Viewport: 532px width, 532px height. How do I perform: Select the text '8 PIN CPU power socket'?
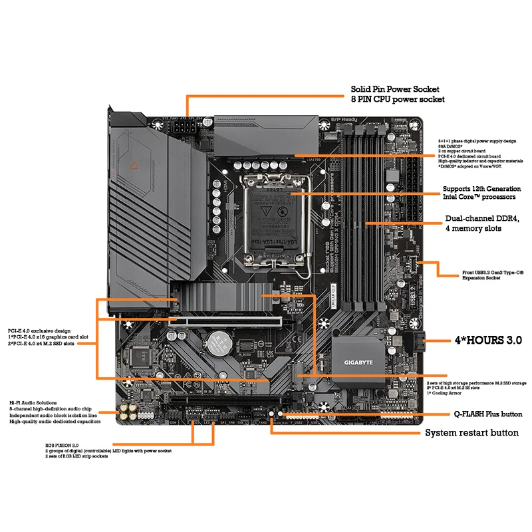[398, 100]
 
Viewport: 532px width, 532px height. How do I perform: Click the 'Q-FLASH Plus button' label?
[487, 414]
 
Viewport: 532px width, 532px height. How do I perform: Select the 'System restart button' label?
[471, 433]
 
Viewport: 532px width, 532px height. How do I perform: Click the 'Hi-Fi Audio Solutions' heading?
[33, 402]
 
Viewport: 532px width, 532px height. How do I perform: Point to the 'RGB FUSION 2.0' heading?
[63, 445]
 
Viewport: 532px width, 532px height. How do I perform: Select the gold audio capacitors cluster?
[128, 412]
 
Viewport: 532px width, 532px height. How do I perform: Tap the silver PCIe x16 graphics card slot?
[239, 320]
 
